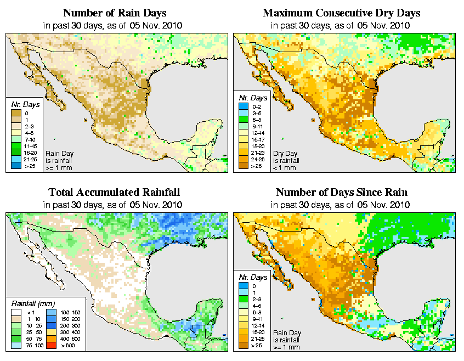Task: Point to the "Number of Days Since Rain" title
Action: point(341,193)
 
